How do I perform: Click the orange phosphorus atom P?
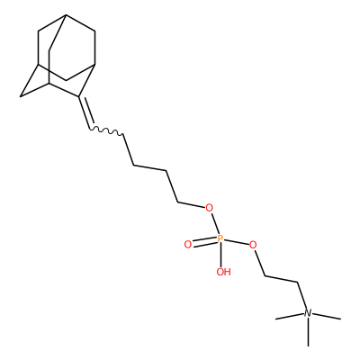(220, 239)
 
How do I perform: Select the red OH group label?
(224, 272)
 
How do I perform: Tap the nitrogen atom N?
(308, 313)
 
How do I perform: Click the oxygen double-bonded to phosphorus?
(188, 245)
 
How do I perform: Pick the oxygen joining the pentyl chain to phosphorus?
(209, 208)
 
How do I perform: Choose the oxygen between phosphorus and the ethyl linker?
(253, 245)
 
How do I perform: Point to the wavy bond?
(106, 130)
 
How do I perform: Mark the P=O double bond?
(204, 242)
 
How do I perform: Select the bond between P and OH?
(221, 255)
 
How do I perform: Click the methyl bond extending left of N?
(290, 316)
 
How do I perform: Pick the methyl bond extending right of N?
(327, 316)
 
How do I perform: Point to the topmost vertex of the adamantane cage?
(66, 14)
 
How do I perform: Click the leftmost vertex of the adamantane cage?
(21, 96)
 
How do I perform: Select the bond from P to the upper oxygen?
(215, 224)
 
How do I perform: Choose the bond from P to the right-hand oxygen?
(237, 242)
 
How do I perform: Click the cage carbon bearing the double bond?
(79, 96)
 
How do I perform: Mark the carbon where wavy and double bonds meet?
(90, 129)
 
